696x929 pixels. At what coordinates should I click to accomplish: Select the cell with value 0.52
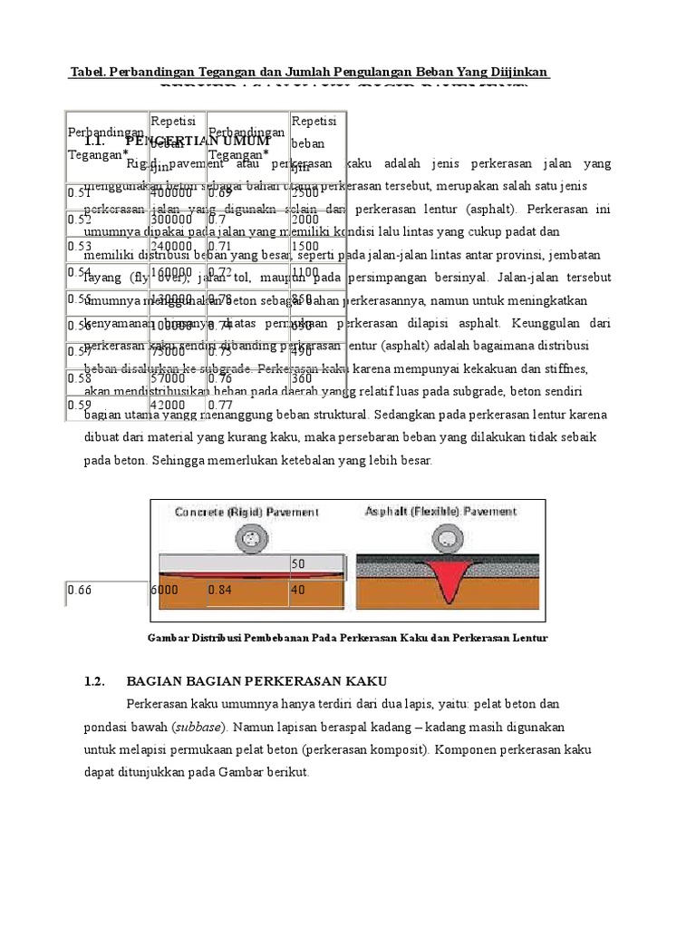[80, 220]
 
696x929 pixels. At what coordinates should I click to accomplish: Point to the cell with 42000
[169, 406]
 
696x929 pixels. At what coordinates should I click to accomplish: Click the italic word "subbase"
[201, 727]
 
